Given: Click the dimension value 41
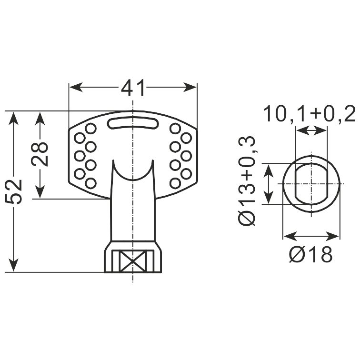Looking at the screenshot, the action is pos(133,88).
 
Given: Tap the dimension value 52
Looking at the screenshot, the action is pos(13,192).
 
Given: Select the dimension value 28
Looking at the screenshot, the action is pos(40,154).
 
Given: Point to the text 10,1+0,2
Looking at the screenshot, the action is pos(310,114).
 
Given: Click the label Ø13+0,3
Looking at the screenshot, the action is pos(247,181).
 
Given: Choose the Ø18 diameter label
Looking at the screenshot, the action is pos(310,254).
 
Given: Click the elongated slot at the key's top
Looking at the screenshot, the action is pos(133,123).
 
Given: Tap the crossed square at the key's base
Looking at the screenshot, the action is pos(133,261).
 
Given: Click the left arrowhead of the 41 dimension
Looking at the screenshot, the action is pos(76,87).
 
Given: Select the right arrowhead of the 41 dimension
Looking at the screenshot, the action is pos(190,87).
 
